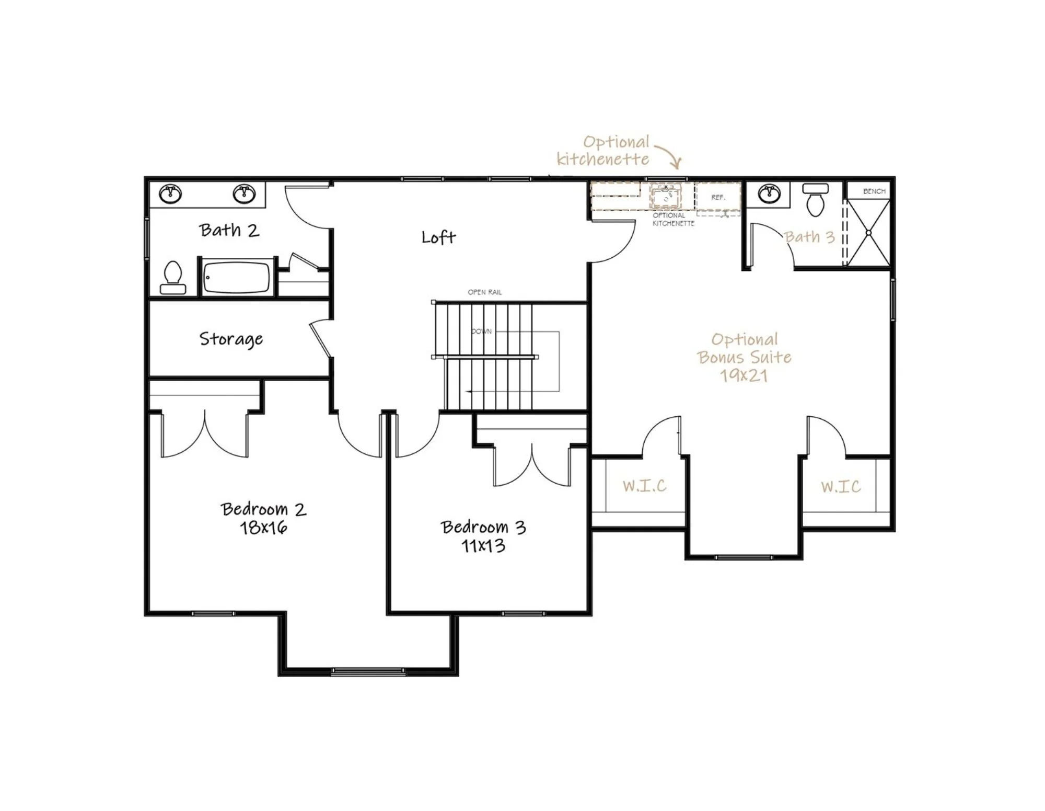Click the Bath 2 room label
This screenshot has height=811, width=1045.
click(x=229, y=230)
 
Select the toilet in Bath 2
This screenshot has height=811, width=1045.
click(x=173, y=278)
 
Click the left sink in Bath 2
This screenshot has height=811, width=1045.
click(x=170, y=194)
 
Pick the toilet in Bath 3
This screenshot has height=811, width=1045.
click(x=815, y=199)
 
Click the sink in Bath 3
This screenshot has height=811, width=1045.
click(x=769, y=194)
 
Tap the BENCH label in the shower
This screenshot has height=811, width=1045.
click(x=874, y=191)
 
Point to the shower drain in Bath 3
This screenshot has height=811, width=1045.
click(x=868, y=232)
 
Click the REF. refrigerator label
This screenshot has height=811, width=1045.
click(x=718, y=198)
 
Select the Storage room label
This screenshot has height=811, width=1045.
click(x=231, y=339)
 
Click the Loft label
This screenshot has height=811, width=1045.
click(x=438, y=237)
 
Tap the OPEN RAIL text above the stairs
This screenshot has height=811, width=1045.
click(x=484, y=292)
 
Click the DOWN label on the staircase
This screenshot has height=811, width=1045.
click(x=481, y=332)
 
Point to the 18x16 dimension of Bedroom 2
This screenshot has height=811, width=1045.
click(x=263, y=528)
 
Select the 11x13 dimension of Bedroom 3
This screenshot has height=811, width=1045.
click(x=483, y=546)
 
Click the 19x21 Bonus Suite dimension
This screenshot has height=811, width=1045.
click(x=744, y=375)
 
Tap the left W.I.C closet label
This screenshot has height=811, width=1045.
click(x=645, y=486)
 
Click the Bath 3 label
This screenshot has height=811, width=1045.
click(x=809, y=237)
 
